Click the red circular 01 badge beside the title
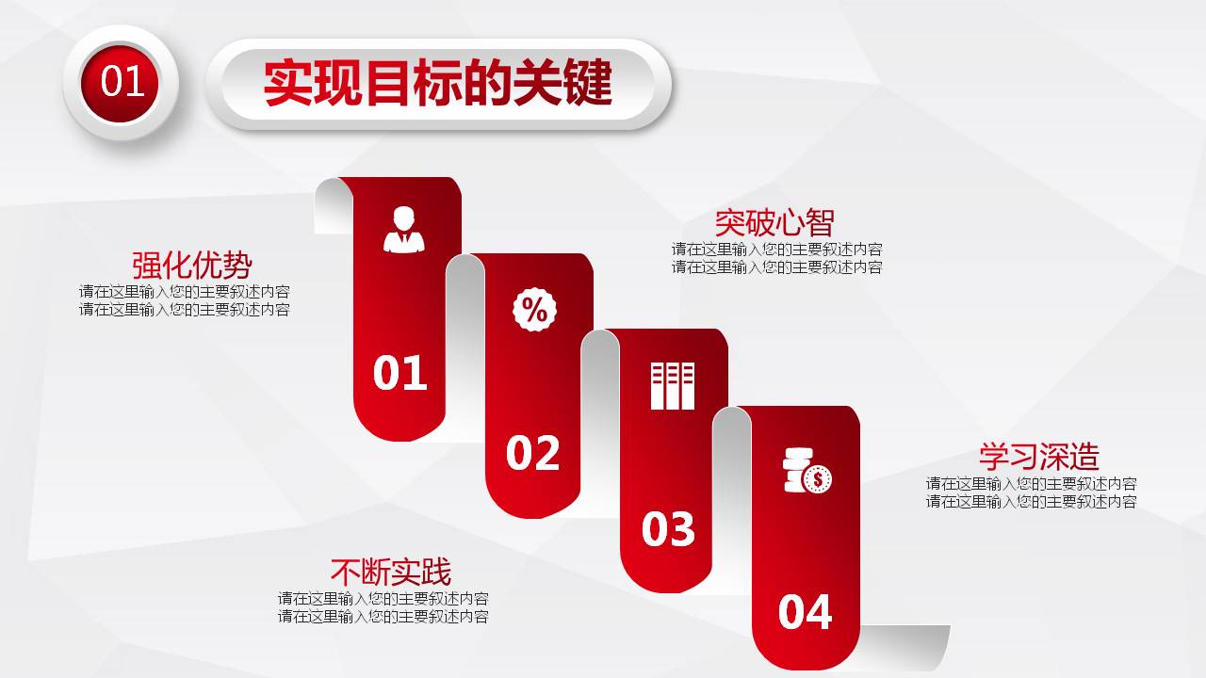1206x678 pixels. (121, 83)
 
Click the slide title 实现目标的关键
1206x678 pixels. (438, 84)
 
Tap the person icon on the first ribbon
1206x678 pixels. (404, 230)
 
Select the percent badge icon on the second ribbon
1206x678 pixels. (534, 310)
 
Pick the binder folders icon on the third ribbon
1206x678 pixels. (672, 385)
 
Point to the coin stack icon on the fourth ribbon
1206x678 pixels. (807, 471)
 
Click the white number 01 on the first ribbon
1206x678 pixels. (400, 374)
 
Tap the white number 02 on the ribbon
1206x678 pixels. (533, 453)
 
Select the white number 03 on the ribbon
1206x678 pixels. (668, 529)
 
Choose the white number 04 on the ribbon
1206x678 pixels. (805, 612)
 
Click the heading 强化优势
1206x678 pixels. (192, 265)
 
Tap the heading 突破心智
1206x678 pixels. (774, 223)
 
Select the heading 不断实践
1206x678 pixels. (391, 572)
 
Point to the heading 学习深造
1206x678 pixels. (1039, 457)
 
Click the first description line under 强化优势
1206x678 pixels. (185, 292)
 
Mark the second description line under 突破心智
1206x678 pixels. (777, 267)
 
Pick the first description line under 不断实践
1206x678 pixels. (383, 599)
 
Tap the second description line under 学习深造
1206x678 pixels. (1031, 502)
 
